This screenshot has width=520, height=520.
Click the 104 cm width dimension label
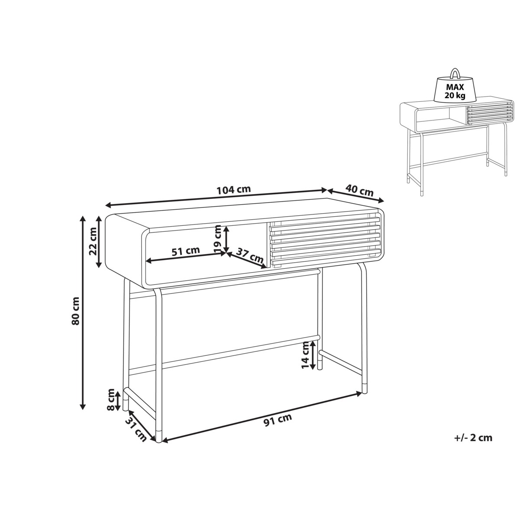[234, 190]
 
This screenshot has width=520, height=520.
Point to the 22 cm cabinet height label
[93, 241]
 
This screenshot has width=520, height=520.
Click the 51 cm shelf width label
[185, 251]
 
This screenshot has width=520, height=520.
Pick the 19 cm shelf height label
[218, 238]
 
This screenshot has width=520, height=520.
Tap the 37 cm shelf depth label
[250, 255]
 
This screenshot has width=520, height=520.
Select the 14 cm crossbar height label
[305, 355]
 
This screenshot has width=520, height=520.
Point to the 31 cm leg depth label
[136, 433]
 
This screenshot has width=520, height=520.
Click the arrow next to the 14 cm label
[312, 355]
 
